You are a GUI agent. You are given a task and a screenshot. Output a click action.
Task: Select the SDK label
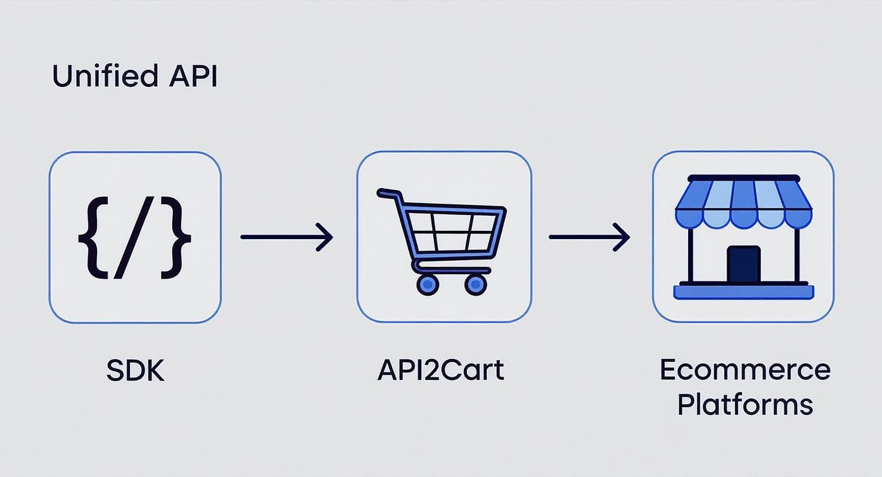tap(135, 370)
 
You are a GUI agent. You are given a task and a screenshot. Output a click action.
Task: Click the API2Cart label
tap(440, 370)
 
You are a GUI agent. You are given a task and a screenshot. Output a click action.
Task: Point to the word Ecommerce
tap(745, 370)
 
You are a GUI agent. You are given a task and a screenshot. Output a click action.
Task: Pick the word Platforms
tap(745, 404)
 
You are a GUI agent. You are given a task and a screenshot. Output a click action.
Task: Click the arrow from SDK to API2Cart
tap(286, 237)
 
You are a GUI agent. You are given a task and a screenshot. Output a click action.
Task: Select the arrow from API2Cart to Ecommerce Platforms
tap(589, 237)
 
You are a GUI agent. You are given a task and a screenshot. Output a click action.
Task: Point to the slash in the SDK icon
tap(134, 237)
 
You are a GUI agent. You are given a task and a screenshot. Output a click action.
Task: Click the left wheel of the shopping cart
tap(428, 284)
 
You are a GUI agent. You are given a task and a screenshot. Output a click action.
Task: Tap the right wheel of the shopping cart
tap(476, 284)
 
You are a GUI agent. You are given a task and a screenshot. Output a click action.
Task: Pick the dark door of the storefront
tap(743, 264)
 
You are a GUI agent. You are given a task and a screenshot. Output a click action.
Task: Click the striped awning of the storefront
tap(743, 203)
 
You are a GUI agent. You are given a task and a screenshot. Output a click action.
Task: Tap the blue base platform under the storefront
tap(743, 292)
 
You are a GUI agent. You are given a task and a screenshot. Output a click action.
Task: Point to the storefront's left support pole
tap(689, 254)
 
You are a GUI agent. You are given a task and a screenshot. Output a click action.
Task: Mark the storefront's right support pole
tap(797, 254)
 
